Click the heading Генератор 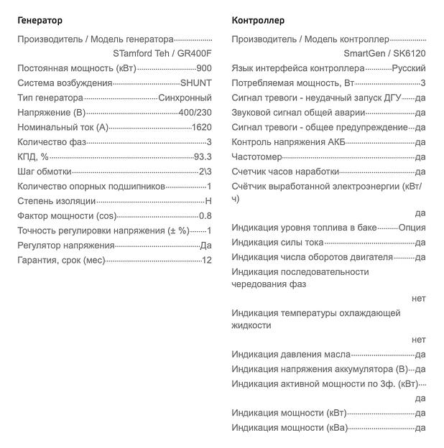point(40,20)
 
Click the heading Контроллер point(258,20)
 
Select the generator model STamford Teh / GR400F point(162,53)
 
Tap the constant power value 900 point(203,68)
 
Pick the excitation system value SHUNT point(195,83)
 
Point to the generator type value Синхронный point(185,98)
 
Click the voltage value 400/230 point(194,113)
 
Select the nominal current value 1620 point(202,127)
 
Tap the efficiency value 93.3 point(203,157)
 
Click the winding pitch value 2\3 point(205,172)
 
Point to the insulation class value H point(208,201)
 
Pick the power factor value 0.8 point(205,215)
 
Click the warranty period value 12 point(207,260)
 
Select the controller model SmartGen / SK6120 point(384,53)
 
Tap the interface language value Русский point(409,68)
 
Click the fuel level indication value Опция point(412,228)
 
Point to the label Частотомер point(256,157)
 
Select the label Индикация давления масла point(291,354)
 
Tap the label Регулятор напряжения point(65,246)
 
